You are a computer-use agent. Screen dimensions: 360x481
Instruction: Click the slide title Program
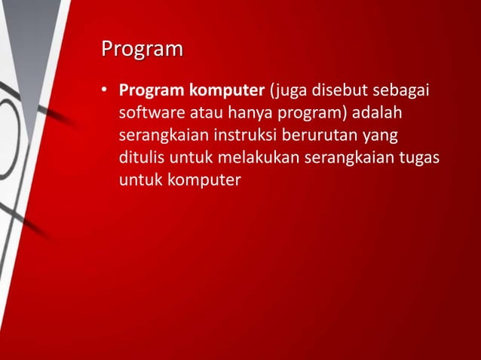coord(142,50)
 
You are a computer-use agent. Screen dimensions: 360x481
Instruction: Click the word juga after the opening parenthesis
coord(283,92)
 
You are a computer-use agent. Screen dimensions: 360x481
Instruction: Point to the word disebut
coord(338,92)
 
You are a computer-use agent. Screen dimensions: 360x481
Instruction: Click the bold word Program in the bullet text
coord(143,92)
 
